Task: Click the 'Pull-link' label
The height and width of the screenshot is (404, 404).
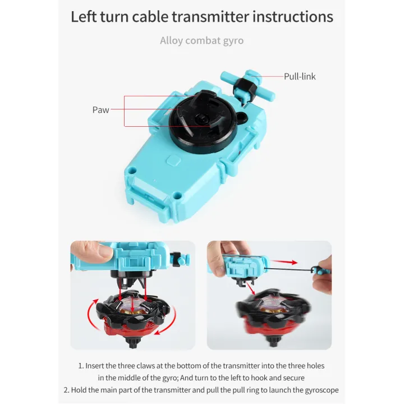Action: (x=300, y=76)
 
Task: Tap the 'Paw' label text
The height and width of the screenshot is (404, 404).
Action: (x=101, y=110)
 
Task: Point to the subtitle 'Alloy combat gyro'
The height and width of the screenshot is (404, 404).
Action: (x=202, y=41)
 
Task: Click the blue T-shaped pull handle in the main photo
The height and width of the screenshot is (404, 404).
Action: (x=247, y=85)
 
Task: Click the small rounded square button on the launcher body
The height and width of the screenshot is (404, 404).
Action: (x=173, y=160)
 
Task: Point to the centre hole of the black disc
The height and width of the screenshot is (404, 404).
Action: (x=200, y=120)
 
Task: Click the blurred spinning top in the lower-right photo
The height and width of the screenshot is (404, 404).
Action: (x=274, y=316)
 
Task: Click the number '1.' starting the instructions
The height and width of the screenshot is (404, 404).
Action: (x=81, y=366)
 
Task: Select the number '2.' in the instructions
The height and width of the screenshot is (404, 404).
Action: (x=66, y=390)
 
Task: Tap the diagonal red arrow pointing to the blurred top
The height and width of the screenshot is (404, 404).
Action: (x=250, y=288)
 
